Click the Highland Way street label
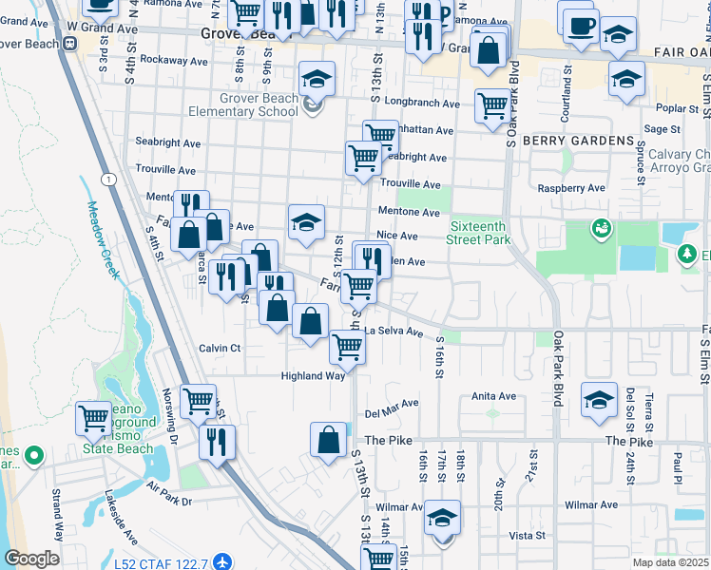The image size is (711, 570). coord(312,376)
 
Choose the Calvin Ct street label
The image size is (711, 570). coord(220,349)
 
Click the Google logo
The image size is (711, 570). coord(31,559)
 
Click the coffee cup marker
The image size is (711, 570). coord(579,26)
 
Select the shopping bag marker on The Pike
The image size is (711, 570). coord(328,440)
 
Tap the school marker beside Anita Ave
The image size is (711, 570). coord(599,400)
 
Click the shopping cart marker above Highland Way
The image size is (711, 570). coord(347,348)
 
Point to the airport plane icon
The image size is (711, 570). coord(222,562)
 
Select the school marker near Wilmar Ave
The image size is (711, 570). coord(442,519)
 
